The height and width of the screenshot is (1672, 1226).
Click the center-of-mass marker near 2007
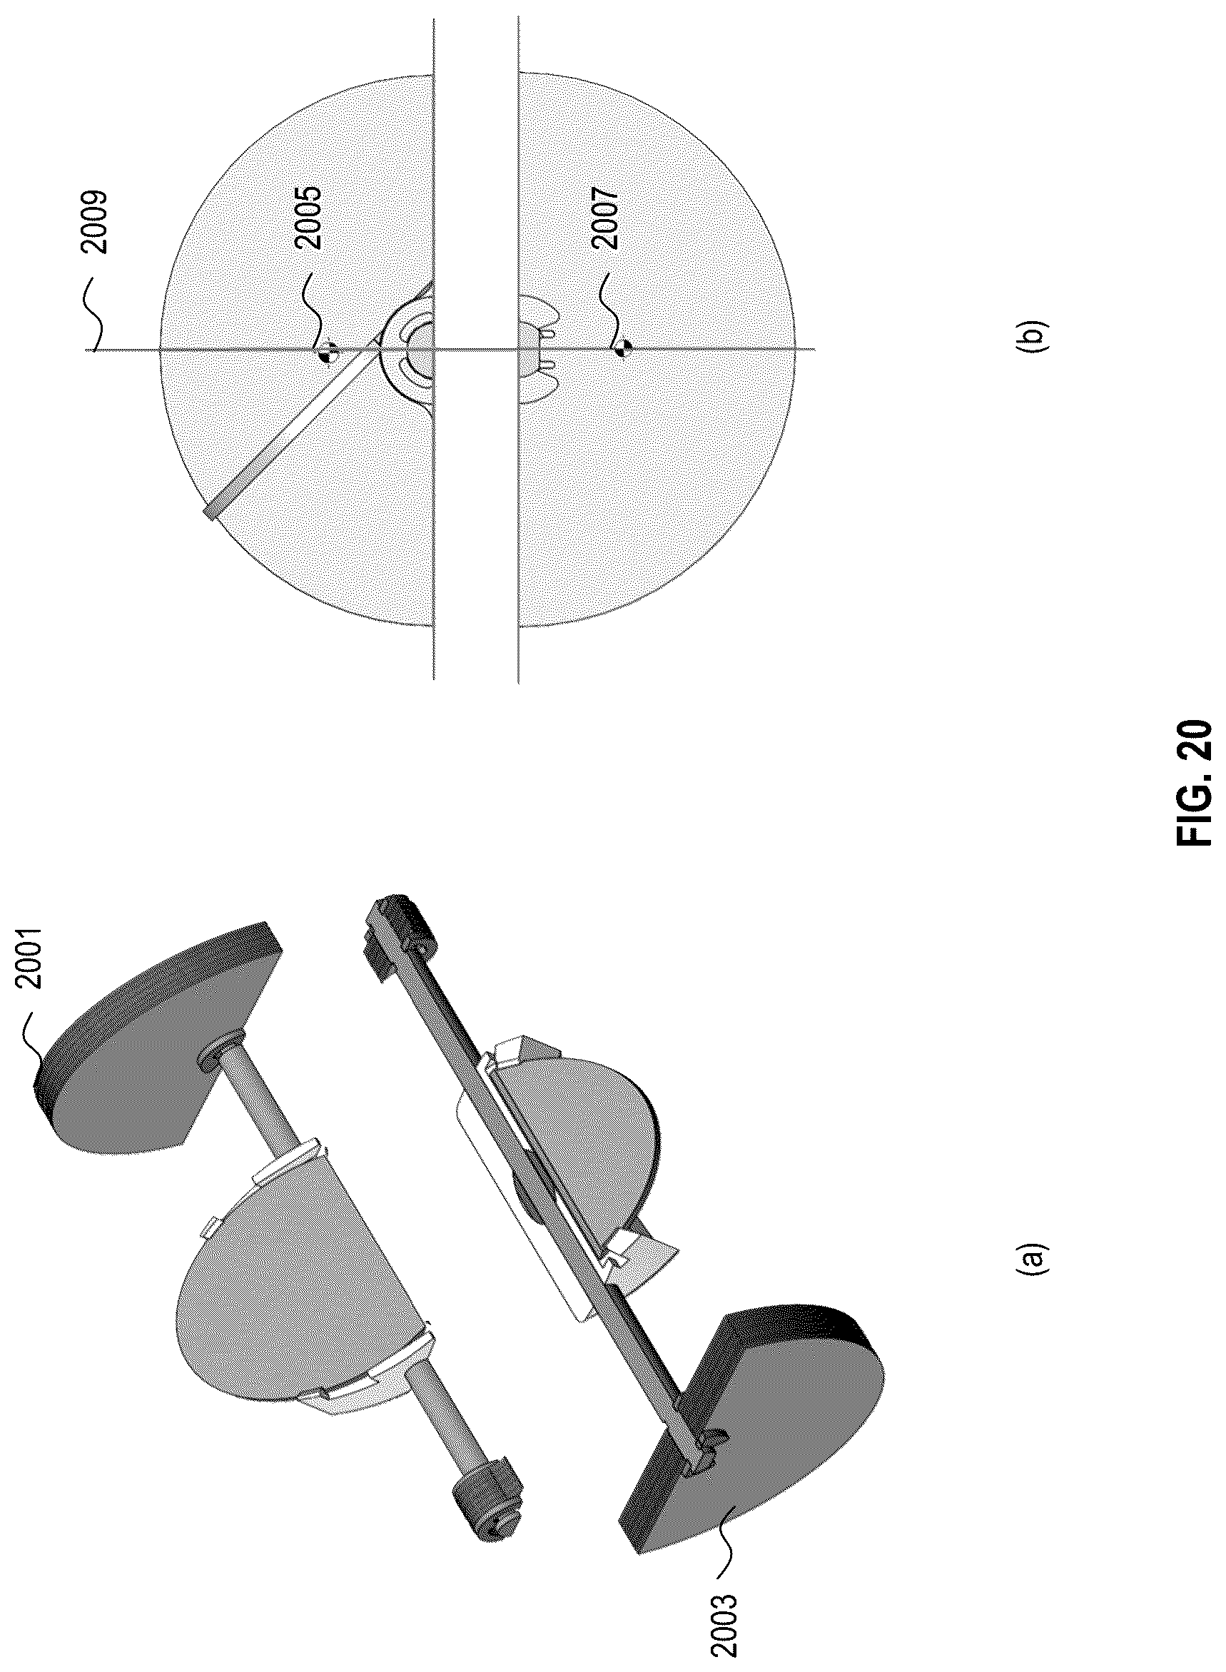(x=625, y=348)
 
